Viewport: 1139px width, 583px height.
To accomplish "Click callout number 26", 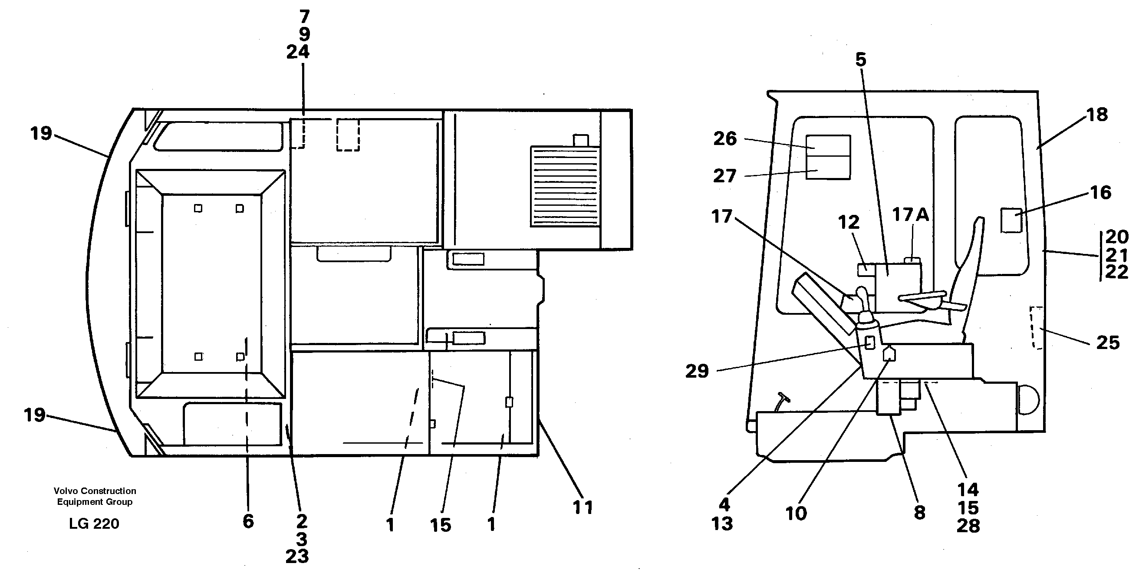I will [725, 139].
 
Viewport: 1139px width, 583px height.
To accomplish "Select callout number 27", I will [725, 176].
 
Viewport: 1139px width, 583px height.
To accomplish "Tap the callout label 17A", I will [910, 214].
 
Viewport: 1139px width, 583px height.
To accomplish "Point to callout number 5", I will [860, 60].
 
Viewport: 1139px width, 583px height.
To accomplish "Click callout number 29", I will [697, 371].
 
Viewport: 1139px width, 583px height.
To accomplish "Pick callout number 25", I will [1108, 343].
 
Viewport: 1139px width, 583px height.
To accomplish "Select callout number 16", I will [1100, 193].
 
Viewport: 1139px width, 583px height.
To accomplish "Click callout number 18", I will [1096, 115].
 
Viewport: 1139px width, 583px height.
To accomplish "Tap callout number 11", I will [583, 507].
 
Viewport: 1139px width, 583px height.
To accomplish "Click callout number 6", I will [248, 521].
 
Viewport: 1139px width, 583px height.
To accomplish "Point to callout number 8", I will [919, 513].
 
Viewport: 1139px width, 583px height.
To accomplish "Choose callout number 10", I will [796, 514].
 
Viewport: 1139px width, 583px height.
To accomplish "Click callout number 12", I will [849, 222].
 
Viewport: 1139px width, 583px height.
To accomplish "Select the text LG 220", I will [94, 524].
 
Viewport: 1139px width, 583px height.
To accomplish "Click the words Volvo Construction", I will [95, 491].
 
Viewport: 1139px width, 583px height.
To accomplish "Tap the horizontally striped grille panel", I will [564, 187].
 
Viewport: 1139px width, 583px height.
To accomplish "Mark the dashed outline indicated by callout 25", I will [1037, 327].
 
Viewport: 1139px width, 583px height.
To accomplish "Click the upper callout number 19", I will [41, 133].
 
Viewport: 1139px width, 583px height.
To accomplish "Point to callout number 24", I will [298, 52].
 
